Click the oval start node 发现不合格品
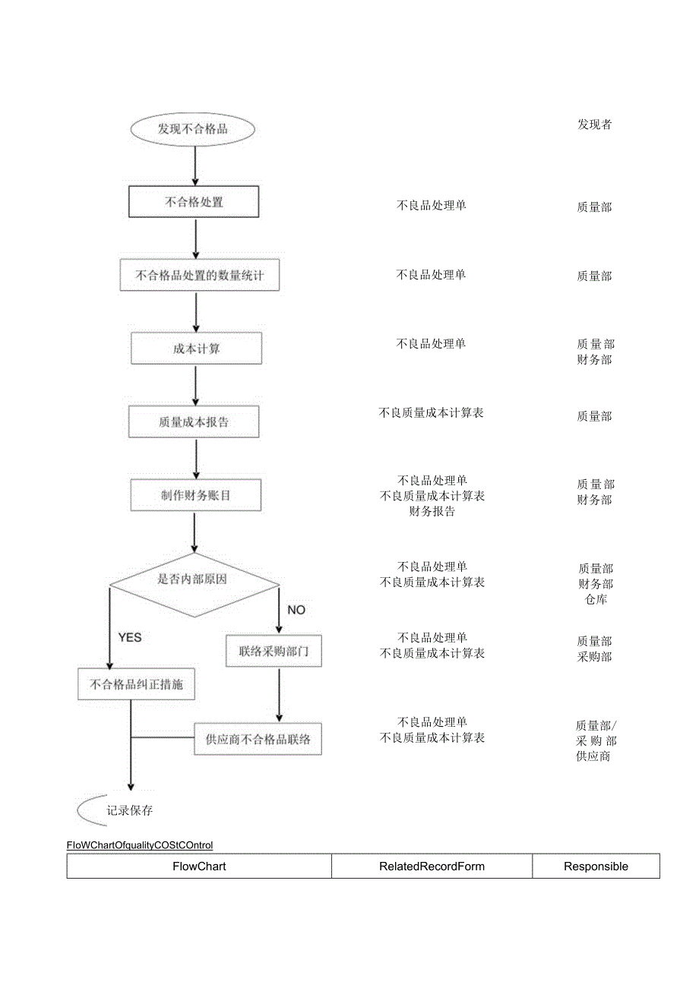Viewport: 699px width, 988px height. click(193, 128)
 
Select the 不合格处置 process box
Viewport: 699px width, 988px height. click(194, 202)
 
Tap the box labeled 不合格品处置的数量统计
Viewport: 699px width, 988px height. click(199, 275)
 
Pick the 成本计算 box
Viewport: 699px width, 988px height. click(196, 349)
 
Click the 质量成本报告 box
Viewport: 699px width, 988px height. click(193, 421)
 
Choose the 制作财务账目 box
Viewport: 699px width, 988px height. click(195, 495)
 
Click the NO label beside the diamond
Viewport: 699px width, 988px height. click(296, 610)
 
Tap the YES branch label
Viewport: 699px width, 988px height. click(129, 637)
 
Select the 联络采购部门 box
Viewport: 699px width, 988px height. click(274, 651)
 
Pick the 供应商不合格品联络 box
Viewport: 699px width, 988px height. click(258, 739)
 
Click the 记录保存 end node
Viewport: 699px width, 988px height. click(129, 810)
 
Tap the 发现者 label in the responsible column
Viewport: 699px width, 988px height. click(594, 125)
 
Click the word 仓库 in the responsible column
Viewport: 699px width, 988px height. click(596, 600)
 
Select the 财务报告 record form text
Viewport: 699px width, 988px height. click(432, 512)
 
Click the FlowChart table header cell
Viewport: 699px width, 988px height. click(199, 866)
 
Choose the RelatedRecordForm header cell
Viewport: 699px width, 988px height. click(432, 866)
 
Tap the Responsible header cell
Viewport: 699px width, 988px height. click(596, 866)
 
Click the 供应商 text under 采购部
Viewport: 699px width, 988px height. click(593, 756)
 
